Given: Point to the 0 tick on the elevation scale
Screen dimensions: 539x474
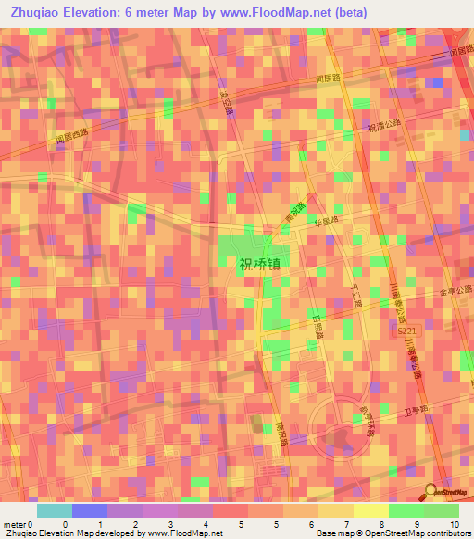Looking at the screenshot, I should tap(65, 523).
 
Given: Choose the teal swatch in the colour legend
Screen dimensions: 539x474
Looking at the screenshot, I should tap(54, 510).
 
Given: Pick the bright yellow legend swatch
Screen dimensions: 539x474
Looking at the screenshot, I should tap(370, 510).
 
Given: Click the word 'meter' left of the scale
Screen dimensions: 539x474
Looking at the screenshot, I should tap(15, 523).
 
